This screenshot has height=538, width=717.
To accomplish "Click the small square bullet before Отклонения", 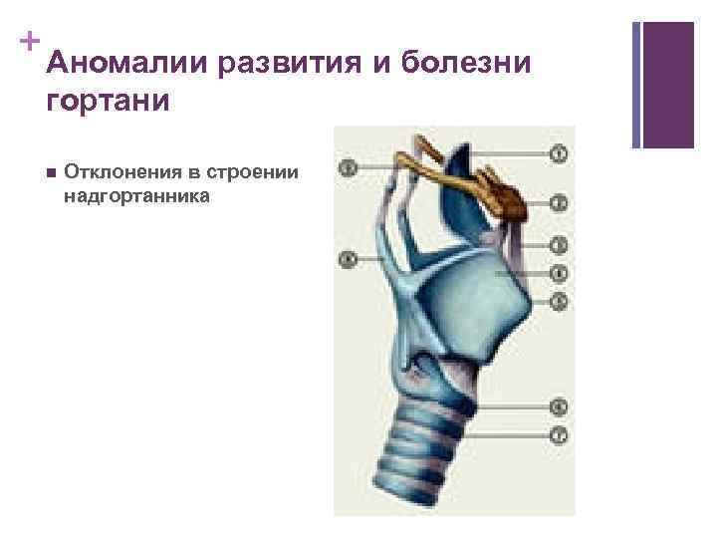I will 51,171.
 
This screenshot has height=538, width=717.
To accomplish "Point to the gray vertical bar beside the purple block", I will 636,85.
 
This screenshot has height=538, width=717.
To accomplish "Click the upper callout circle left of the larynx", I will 348,167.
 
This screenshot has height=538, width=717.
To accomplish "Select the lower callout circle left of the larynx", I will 348,260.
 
